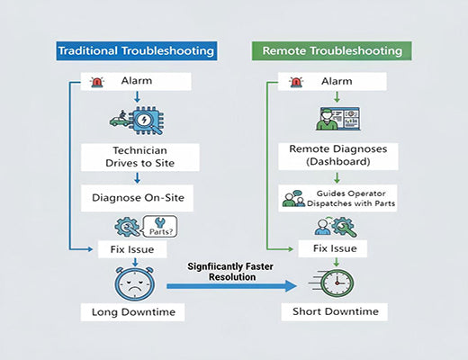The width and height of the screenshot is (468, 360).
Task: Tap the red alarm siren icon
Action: click(x=96, y=83)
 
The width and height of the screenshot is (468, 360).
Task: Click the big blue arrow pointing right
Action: click(x=232, y=287)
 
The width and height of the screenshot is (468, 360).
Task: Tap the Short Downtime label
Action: click(x=335, y=312)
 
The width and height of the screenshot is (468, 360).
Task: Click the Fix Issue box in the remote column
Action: click(x=335, y=247)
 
